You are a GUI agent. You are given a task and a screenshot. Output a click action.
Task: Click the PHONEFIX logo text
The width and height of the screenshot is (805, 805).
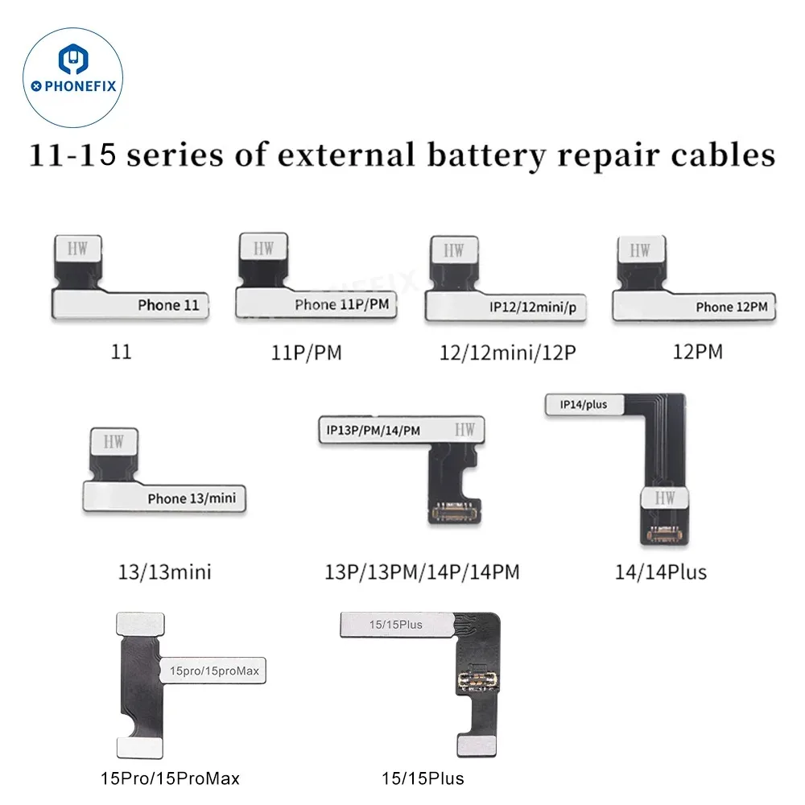[77, 85]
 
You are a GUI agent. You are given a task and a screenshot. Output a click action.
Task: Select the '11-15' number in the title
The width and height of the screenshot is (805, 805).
[77, 155]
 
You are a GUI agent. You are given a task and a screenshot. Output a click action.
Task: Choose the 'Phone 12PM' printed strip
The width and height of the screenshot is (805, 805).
[731, 307]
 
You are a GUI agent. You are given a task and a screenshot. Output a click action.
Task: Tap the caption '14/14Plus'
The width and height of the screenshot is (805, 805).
[660, 572]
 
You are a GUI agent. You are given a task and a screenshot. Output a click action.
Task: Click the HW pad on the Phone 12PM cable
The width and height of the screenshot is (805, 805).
[641, 251]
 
